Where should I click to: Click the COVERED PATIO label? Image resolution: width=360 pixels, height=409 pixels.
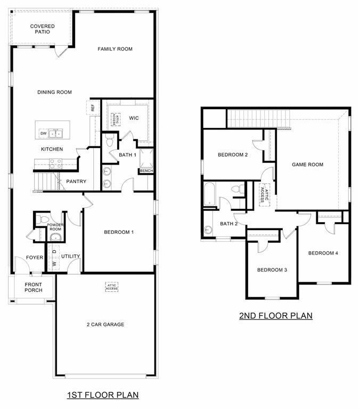43,29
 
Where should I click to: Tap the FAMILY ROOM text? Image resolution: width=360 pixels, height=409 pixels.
114,49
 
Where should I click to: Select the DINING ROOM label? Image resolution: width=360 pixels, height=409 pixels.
54,92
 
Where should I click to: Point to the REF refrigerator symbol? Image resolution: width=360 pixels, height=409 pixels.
92,107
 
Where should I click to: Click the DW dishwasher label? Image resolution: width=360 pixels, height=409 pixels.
43,133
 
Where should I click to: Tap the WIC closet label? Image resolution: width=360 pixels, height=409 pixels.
134,118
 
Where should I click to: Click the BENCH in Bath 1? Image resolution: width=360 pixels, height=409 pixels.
146,171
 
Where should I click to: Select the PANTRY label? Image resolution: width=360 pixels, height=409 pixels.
76,182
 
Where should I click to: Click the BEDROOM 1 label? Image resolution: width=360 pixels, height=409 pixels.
118,232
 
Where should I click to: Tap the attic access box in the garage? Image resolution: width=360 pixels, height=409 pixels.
111,287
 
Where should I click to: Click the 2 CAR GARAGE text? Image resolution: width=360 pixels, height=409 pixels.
105,324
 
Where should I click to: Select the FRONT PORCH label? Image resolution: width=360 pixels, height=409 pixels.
34,288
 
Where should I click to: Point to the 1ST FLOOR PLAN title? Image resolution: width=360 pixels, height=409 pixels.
103,395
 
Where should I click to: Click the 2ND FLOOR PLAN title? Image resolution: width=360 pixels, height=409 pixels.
275,316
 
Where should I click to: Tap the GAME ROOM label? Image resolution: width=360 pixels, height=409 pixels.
307,165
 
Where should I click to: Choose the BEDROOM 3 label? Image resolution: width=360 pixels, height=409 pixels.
272,270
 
